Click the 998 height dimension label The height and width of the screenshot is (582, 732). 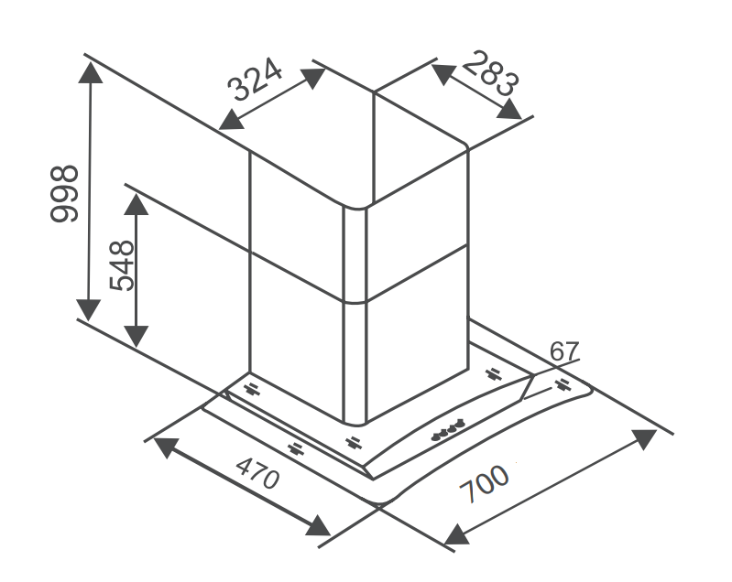tap(64, 192)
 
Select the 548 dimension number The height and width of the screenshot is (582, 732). tap(122, 265)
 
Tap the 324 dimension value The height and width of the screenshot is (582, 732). tap(255, 80)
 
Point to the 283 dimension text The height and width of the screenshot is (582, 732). tap(491, 74)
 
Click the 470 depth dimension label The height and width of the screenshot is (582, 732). tap(258, 472)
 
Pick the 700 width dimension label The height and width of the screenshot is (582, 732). tap(484, 483)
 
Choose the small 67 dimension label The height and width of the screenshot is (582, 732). tap(564, 351)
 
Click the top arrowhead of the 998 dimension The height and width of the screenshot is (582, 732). tap(91, 72)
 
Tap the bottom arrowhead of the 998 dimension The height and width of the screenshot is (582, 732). tap(89, 310)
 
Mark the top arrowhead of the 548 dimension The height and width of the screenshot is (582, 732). tap(137, 204)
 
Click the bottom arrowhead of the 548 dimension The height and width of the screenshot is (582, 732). tap(136, 336)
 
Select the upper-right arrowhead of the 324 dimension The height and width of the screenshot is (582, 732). tap(313, 78)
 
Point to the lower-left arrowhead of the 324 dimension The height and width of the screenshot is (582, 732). tap(231, 120)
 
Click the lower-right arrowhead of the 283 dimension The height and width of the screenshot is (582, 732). tap(509, 110)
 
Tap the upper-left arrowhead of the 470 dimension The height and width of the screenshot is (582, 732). tap(166, 447)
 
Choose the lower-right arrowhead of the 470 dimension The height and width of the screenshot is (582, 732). tap(319, 525)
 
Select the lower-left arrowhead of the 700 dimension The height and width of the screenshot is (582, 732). tap(456, 534)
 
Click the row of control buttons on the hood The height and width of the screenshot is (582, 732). tap(448, 429)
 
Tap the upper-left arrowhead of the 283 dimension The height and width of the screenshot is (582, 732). tap(443, 74)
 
